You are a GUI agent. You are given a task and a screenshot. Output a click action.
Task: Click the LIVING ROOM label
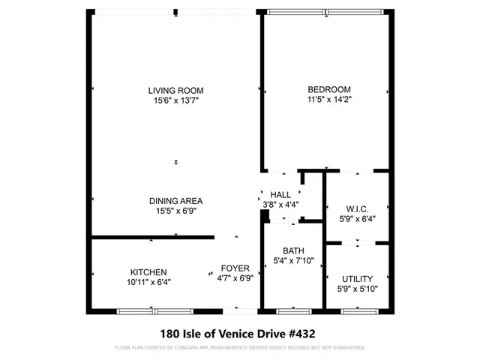[176, 90]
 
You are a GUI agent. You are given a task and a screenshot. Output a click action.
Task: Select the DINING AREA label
[175, 201]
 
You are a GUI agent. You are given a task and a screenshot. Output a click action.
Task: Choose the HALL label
[280, 195]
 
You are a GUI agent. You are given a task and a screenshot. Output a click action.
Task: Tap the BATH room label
[293, 251]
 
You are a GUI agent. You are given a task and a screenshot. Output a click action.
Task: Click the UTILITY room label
[357, 278]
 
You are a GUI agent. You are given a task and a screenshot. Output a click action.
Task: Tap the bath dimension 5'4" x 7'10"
[293, 261]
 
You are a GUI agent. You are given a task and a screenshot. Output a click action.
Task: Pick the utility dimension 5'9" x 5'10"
[357, 288]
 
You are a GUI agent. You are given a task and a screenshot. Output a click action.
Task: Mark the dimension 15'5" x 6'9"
[175, 211]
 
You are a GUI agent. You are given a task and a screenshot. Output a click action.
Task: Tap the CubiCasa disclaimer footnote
[240, 348]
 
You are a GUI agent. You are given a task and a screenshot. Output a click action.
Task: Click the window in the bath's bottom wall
[294, 310]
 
